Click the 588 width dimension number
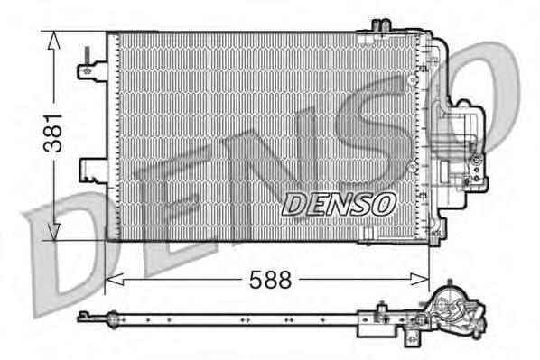click(x=270, y=281)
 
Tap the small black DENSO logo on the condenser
click(x=339, y=205)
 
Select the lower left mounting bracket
click(x=93, y=169)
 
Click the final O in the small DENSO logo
click(x=382, y=204)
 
